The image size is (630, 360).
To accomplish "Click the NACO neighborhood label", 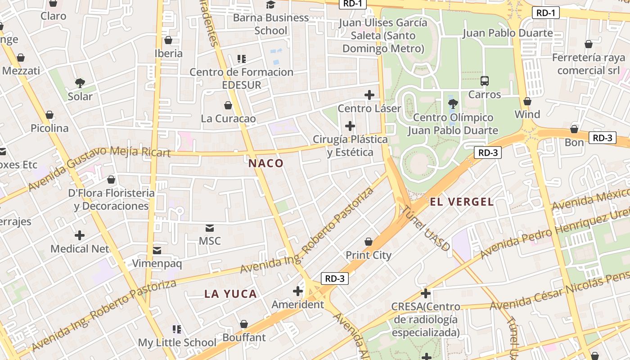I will (x=266, y=163).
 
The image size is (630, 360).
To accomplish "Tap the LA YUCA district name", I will (x=230, y=294).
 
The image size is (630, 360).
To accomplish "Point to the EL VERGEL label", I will (x=462, y=202).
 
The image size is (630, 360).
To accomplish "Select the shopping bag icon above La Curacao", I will (x=228, y=105).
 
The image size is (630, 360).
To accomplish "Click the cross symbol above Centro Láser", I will (x=369, y=95).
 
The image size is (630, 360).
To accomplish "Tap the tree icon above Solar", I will (x=80, y=83).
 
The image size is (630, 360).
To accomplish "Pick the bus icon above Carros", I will (x=485, y=81).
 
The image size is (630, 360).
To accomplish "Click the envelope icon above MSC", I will (x=210, y=228).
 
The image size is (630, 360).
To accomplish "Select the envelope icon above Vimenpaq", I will (x=157, y=250).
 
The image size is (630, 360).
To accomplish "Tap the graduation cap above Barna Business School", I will (x=270, y=5).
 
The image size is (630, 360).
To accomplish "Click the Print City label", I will (x=369, y=255).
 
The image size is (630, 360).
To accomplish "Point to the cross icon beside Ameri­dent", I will (x=298, y=291).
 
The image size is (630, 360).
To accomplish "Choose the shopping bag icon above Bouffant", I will (x=244, y=324).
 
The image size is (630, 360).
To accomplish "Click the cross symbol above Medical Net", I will (x=80, y=235).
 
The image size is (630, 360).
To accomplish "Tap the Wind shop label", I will (x=527, y=114).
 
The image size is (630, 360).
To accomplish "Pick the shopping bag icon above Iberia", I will (x=168, y=40).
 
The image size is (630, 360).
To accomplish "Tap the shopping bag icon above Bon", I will (x=574, y=130).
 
